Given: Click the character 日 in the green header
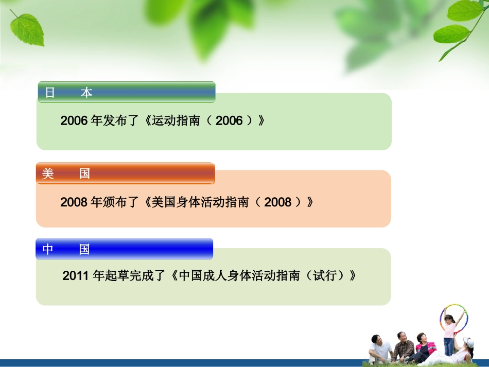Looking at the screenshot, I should tap(50, 93).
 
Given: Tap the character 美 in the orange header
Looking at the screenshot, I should tap(48, 174).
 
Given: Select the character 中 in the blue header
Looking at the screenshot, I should tap(48, 250).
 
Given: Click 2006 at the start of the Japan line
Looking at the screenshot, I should tap(74, 121).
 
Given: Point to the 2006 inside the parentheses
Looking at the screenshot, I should tap(229, 121).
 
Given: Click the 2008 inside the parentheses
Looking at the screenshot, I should tap(277, 202).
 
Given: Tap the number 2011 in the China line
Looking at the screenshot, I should tap(76, 276).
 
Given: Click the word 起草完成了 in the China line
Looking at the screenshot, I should tap(136, 276).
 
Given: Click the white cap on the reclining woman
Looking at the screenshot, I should tap(468, 342).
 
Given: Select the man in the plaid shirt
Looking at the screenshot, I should tap(404, 348).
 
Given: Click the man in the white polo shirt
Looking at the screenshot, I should tap(380, 349).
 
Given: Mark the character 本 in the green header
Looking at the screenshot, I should tap(86, 93).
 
